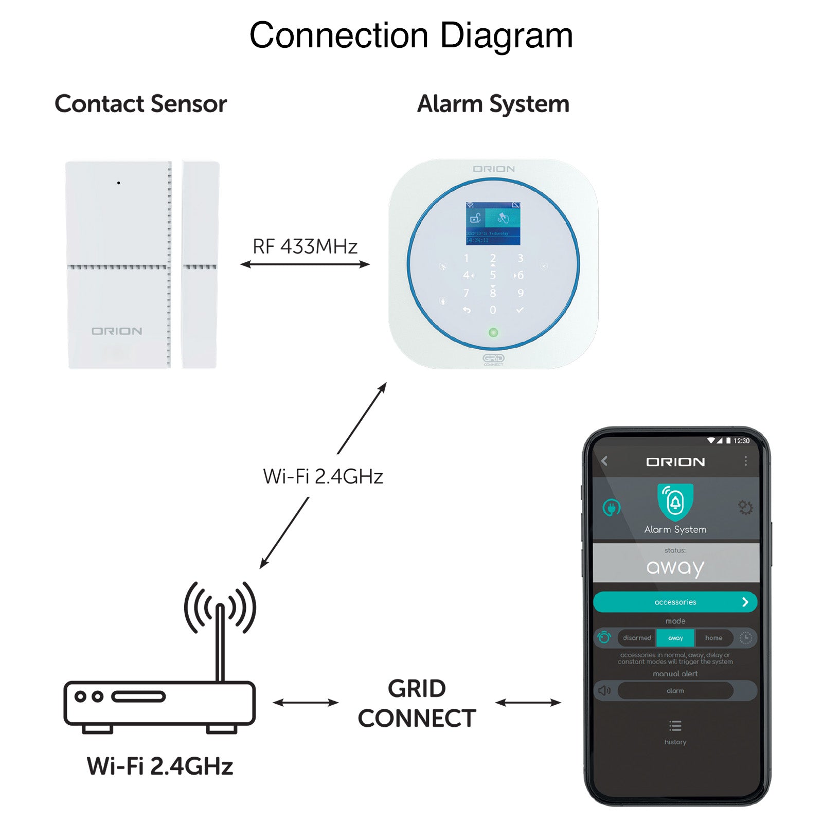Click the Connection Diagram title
pyautogui.click(x=411, y=35)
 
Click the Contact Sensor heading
pyautogui.click(x=140, y=104)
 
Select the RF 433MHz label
pyautogui.click(x=305, y=247)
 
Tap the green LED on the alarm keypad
pyautogui.click(x=493, y=332)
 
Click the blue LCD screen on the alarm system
pyautogui.click(x=493, y=223)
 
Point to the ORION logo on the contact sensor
pyautogui.click(x=117, y=331)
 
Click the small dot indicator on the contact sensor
pyautogui.click(x=119, y=183)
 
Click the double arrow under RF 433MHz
pyautogui.click(x=305, y=264)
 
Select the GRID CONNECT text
pyautogui.click(x=417, y=703)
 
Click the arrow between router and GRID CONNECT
pyautogui.click(x=306, y=702)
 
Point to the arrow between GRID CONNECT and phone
pyautogui.click(x=528, y=702)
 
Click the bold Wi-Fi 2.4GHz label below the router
pyautogui.click(x=160, y=766)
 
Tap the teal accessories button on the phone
pyautogui.click(x=675, y=602)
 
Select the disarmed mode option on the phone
pyautogui.click(x=637, y=638)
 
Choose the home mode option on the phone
pyautogui.click(x=713, y=638)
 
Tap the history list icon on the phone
pyautogui.click(x=675, y=726)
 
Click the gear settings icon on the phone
pyautogui.click(x=745, y=508)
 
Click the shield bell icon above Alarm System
pyautogui.click(x=675, y=502)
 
